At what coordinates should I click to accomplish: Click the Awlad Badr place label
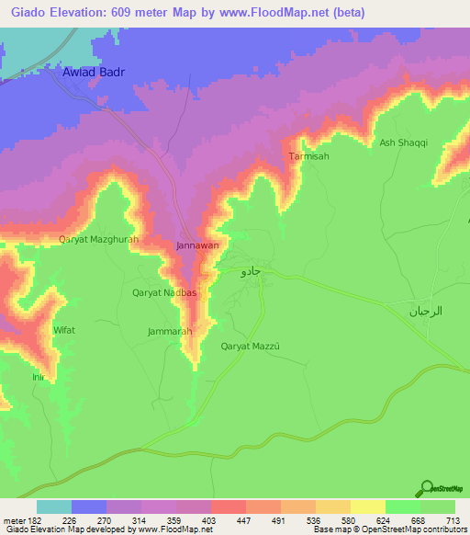[x=92, y=71]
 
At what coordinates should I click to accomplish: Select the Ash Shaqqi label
[x=404, y=142]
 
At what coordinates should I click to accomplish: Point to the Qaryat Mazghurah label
[x=98, y=240]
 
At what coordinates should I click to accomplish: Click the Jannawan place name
[x=196, y=246]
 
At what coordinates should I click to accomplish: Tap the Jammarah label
[x=168, y=330]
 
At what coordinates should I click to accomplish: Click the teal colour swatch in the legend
[x=54, y=507]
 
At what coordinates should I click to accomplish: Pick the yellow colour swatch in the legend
[x=368, y=507]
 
